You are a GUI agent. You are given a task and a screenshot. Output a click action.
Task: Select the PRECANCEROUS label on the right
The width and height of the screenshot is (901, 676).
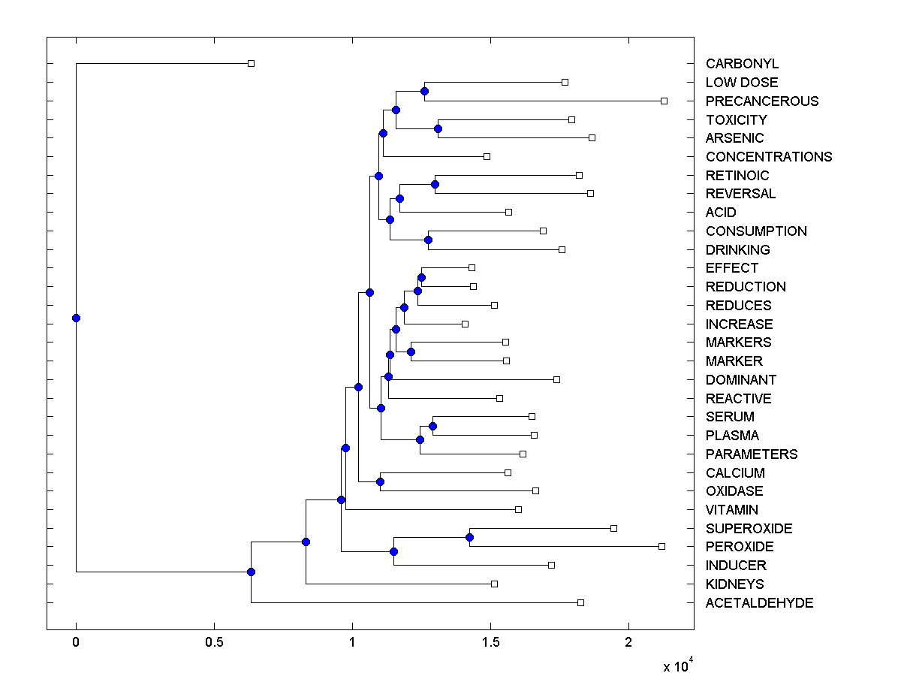[x=762, y=101]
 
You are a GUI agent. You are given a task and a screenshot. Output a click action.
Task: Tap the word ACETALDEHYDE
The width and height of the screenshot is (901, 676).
[x=759, y=603]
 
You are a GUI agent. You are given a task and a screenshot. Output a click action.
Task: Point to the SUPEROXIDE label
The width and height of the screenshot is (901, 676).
[x=749, y=529]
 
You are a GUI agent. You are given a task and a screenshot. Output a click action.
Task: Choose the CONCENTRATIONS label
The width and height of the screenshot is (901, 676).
[x=769, y=157]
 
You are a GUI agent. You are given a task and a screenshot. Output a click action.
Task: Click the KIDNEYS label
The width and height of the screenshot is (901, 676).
[x=734, y=584]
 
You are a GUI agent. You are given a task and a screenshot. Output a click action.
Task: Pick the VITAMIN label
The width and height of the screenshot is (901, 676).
[x=731, y=510]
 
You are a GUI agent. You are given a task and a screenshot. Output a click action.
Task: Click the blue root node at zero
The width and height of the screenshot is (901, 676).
[x=76, y=318]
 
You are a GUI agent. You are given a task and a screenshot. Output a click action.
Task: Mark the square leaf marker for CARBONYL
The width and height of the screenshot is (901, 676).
[x=252, y=64]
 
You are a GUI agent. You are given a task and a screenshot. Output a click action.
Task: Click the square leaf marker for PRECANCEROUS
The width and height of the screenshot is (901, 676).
[x=664, y=101]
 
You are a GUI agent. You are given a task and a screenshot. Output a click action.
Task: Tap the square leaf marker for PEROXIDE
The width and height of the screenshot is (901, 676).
[x=661, y=546]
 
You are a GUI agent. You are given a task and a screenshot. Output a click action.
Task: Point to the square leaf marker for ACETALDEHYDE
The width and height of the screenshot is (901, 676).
[x=580, y=602]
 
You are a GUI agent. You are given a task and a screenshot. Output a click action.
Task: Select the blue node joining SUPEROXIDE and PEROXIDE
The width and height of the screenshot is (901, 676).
[x=469, y=537]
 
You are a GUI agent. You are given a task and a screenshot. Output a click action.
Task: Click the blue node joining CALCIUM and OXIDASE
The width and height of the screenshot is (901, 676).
[x=380, y=481]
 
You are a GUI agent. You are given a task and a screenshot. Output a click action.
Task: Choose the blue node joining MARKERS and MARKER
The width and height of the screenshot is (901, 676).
[x=411, y=352]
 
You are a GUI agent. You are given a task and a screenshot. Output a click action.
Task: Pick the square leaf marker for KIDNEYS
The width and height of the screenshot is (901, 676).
[x=494, y=584]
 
